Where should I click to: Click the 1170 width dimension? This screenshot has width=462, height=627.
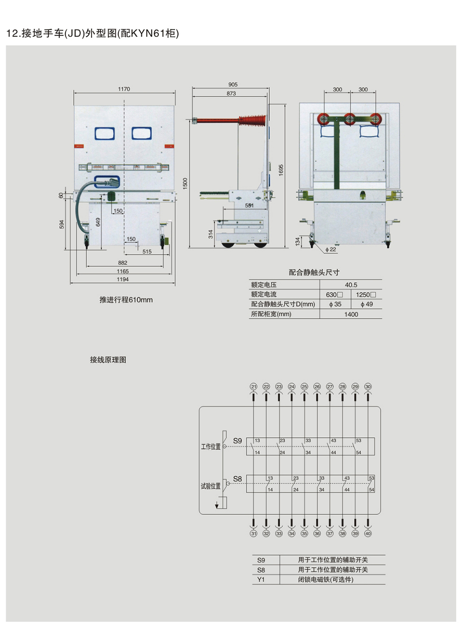(x=124, y=89)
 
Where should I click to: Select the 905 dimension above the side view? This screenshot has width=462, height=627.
(x=233, y=84)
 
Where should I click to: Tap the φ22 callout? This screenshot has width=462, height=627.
(x=331, y=250)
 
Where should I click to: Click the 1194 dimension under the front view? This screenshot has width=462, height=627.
(x=123, y=279)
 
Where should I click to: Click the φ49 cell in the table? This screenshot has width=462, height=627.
(x=366, y=304)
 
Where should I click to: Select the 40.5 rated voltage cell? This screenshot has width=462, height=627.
(x=351, y=285)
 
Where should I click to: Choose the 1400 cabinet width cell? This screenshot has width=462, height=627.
(x=351, y=314)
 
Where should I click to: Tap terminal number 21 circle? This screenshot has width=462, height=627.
(x=254, y=386)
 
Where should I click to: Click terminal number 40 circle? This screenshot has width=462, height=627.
(x=368, y=533)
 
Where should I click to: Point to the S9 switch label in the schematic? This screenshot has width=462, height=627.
(x=237, y=441)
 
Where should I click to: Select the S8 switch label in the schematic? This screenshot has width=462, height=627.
(x=237, y=479)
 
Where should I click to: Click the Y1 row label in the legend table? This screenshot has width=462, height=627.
(x=261, y=580)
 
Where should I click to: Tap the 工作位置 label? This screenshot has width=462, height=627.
(x=210, y=447)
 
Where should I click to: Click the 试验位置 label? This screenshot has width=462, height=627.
(x=210, y=486)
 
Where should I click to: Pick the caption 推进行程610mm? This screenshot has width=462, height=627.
(x=126, y=300)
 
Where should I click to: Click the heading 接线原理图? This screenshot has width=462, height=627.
(x=108, y=360)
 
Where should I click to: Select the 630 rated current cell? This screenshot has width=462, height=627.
(x=334, y=294)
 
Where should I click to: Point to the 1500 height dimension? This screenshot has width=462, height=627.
(x=185, y=183)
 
